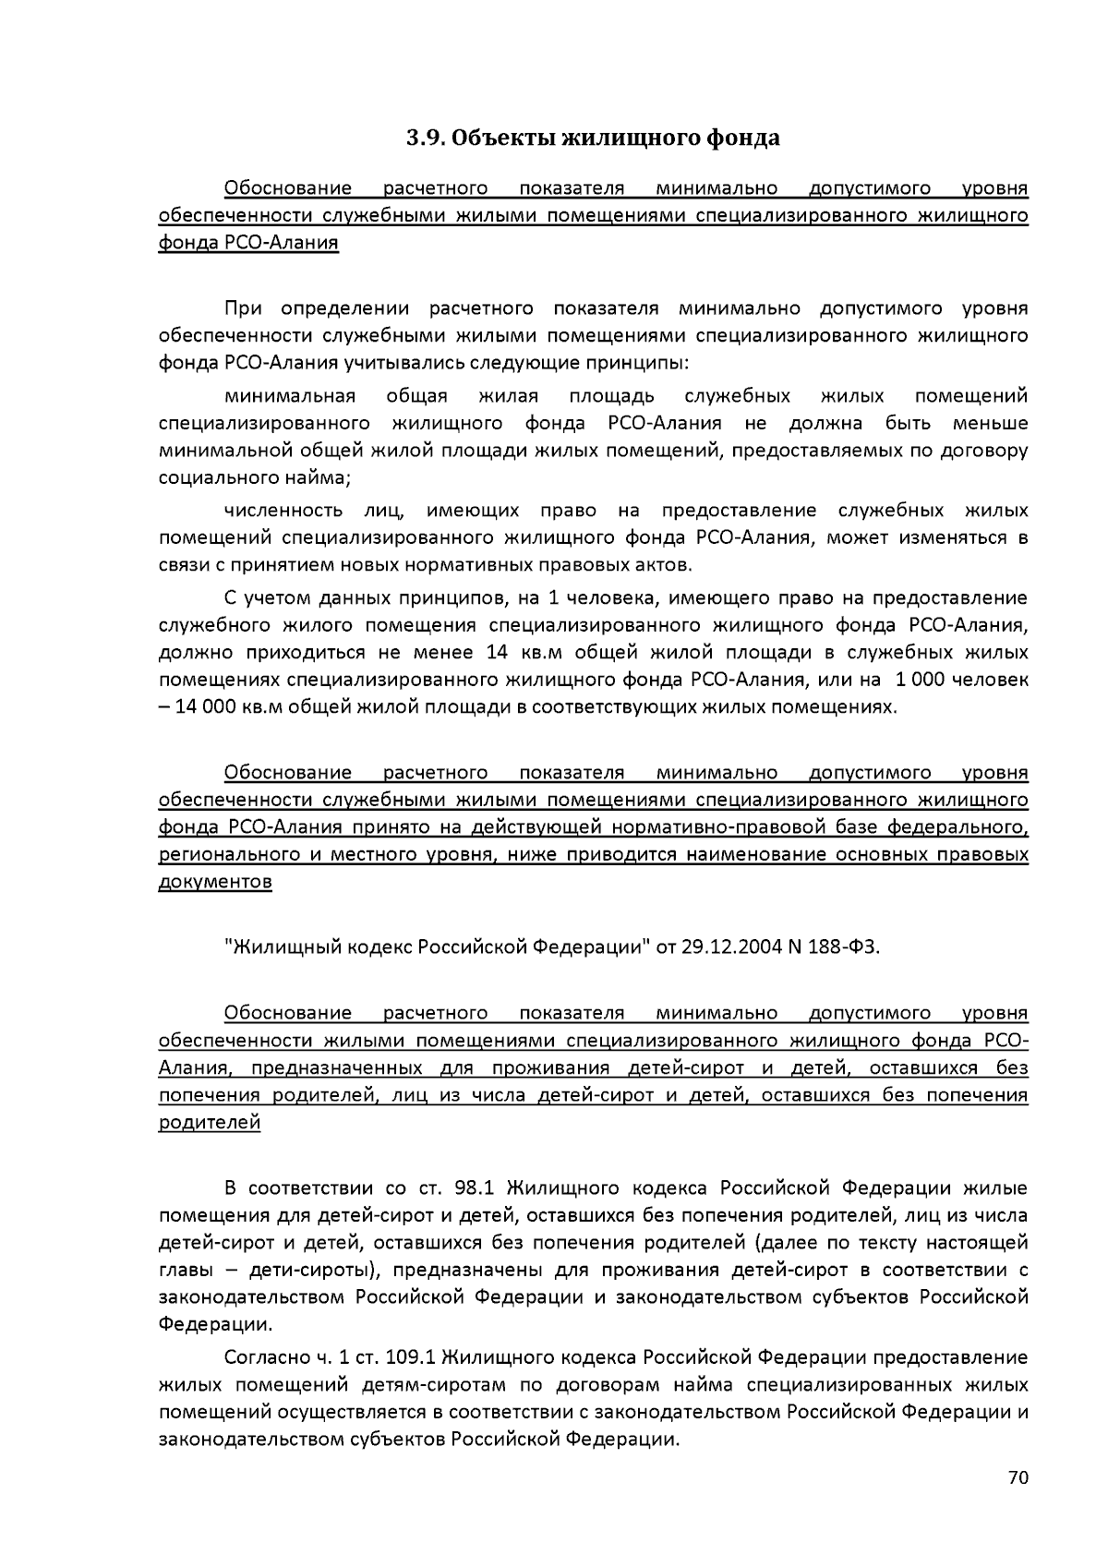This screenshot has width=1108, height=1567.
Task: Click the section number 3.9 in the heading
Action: tap(427, 139)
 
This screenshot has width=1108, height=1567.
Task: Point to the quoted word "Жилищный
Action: tap(283, 947)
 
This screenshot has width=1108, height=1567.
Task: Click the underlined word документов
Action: tap(215, 882)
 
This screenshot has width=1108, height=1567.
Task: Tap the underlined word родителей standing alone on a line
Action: tap(210, 1123)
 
